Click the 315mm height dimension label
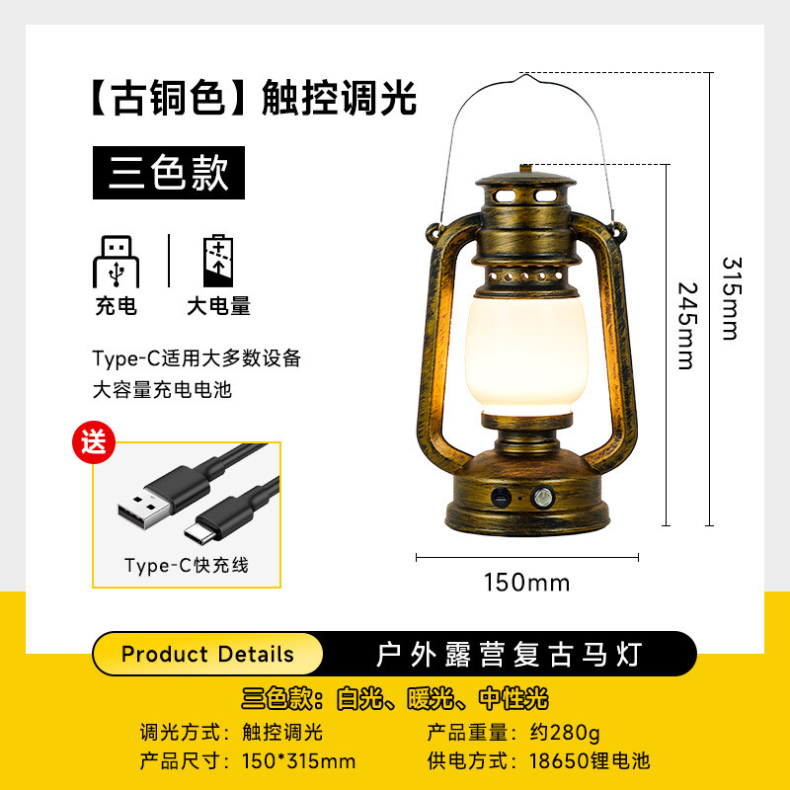point(732,299)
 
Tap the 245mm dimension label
point(687,326)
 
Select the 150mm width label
point(526,583)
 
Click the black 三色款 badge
point(169,173)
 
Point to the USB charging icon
point(116,262)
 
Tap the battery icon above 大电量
point(218,261)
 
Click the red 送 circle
point(94,441)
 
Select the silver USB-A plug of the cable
point(144,510)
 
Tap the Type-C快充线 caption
point(187,565)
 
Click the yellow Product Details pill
point(207,654)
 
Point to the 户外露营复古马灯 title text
point(510,655)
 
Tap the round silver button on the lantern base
point(542,498)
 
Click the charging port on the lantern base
point(501,498)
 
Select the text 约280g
point(565,733)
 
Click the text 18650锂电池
point(590,760)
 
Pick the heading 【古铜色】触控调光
point(255,98)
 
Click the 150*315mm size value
point(299,760)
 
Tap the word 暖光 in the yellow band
point(431,698)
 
